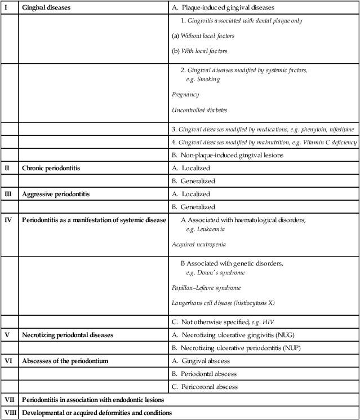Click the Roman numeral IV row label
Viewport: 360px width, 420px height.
[7, 220]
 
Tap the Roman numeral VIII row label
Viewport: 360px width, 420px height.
[10, 413]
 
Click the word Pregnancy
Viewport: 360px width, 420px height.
[185, 95]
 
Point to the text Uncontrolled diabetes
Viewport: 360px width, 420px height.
[200, 110]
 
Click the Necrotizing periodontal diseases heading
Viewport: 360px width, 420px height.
[68, 335]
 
